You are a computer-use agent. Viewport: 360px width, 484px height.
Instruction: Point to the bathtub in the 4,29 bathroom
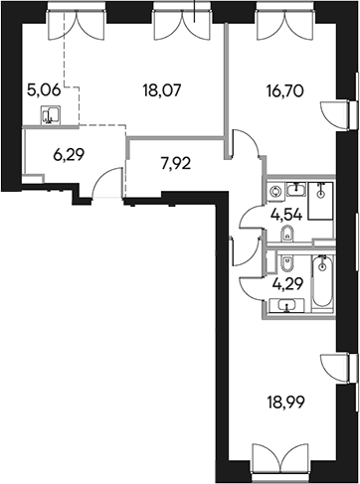point(323,282)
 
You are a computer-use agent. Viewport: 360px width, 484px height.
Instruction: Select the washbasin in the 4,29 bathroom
point(289,305)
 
